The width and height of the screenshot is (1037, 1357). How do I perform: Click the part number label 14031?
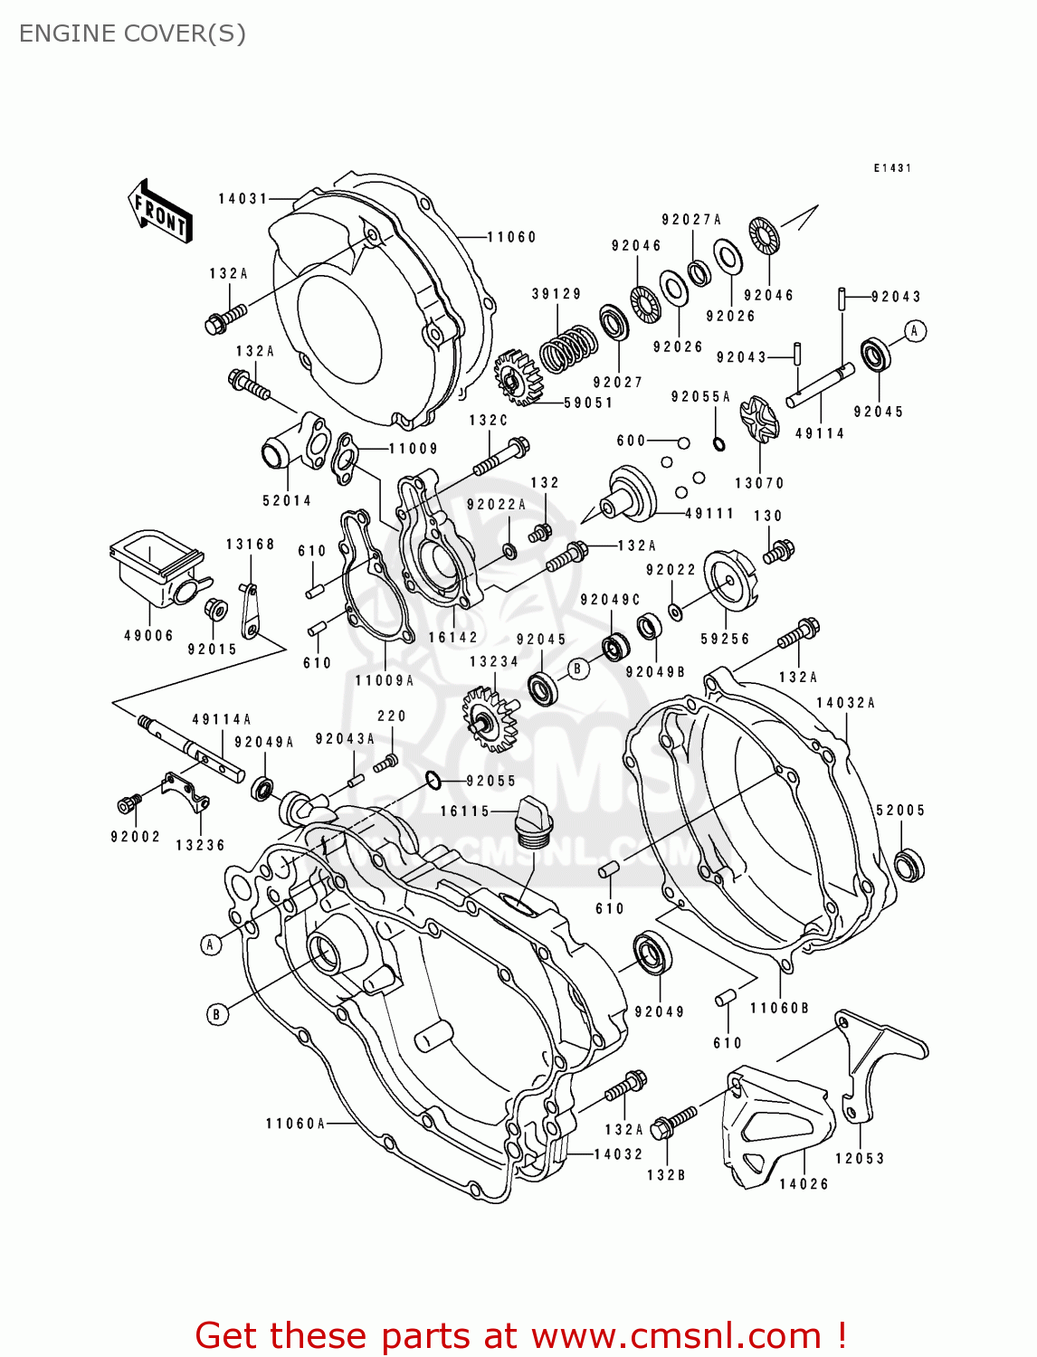(x=243, y=198)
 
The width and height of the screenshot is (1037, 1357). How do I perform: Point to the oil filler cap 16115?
(x=533, y=822)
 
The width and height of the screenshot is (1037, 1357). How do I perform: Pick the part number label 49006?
(x=148, y=635)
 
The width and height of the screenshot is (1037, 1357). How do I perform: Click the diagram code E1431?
(x=892, y=168)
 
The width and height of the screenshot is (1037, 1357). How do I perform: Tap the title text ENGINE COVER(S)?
(x=132, y=33)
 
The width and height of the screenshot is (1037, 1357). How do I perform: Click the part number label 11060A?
(x=295, y=1123)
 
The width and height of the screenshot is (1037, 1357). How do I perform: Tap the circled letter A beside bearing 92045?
(x=915, y=331)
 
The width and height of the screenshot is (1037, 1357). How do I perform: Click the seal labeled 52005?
(x=909, y=865)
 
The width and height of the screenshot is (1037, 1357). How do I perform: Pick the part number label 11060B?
(x=778, y=1008)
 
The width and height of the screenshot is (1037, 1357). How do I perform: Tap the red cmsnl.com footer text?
(x=520, y=1335)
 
